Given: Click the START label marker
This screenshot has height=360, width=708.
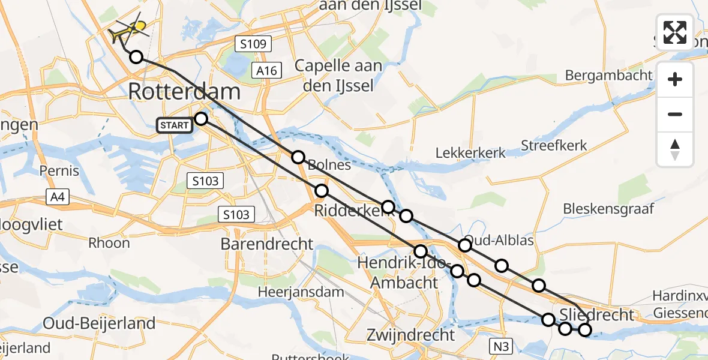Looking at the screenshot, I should [x=175, y=125].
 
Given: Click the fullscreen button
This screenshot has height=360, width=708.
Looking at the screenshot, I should [x=675, y=32].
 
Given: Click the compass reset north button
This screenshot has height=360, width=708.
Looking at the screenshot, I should [x=675, y=149].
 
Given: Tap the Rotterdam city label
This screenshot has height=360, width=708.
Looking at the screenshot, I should [x=184, y=92].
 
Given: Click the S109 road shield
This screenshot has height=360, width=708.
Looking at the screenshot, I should [x=253, y=44].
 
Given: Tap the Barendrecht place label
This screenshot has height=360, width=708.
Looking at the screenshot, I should [x=267, y=244].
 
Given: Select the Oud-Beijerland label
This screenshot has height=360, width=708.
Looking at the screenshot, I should [x=99, y=323].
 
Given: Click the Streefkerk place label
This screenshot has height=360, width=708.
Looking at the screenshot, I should [x=554, y=145].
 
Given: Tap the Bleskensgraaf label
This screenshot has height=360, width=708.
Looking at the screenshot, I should [x=608, y=208].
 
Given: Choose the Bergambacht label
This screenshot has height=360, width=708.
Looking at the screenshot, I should [x=608, y=76].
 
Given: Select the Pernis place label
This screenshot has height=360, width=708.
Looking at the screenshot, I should [x=59, y=170].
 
